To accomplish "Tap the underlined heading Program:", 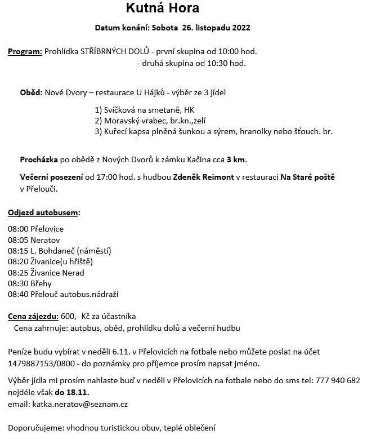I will pos(25,52).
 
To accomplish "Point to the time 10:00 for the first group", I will pos(229,52).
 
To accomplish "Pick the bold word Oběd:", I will pos(32,92).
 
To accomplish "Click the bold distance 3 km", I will pos(236,159).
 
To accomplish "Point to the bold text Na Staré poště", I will pos(307,178).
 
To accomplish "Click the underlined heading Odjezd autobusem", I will pos(44,212).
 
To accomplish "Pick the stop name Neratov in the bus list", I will pos(45,240).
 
